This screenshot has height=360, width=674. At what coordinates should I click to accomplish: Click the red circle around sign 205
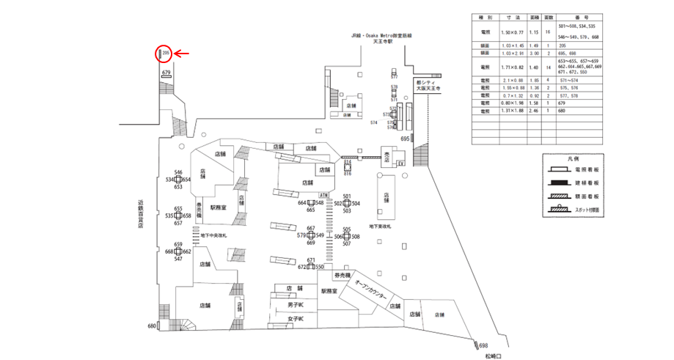point(164,54)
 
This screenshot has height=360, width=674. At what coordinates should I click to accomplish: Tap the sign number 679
point(166,73)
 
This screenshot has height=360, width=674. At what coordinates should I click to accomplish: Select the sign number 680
point(152,326)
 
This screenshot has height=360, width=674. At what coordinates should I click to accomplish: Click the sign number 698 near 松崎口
point(483,345)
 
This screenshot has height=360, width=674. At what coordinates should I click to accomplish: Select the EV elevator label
point(400,164)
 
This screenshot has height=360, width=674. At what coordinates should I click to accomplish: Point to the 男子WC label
point(295,304)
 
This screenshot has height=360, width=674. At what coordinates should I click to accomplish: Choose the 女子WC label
point(295,319)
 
